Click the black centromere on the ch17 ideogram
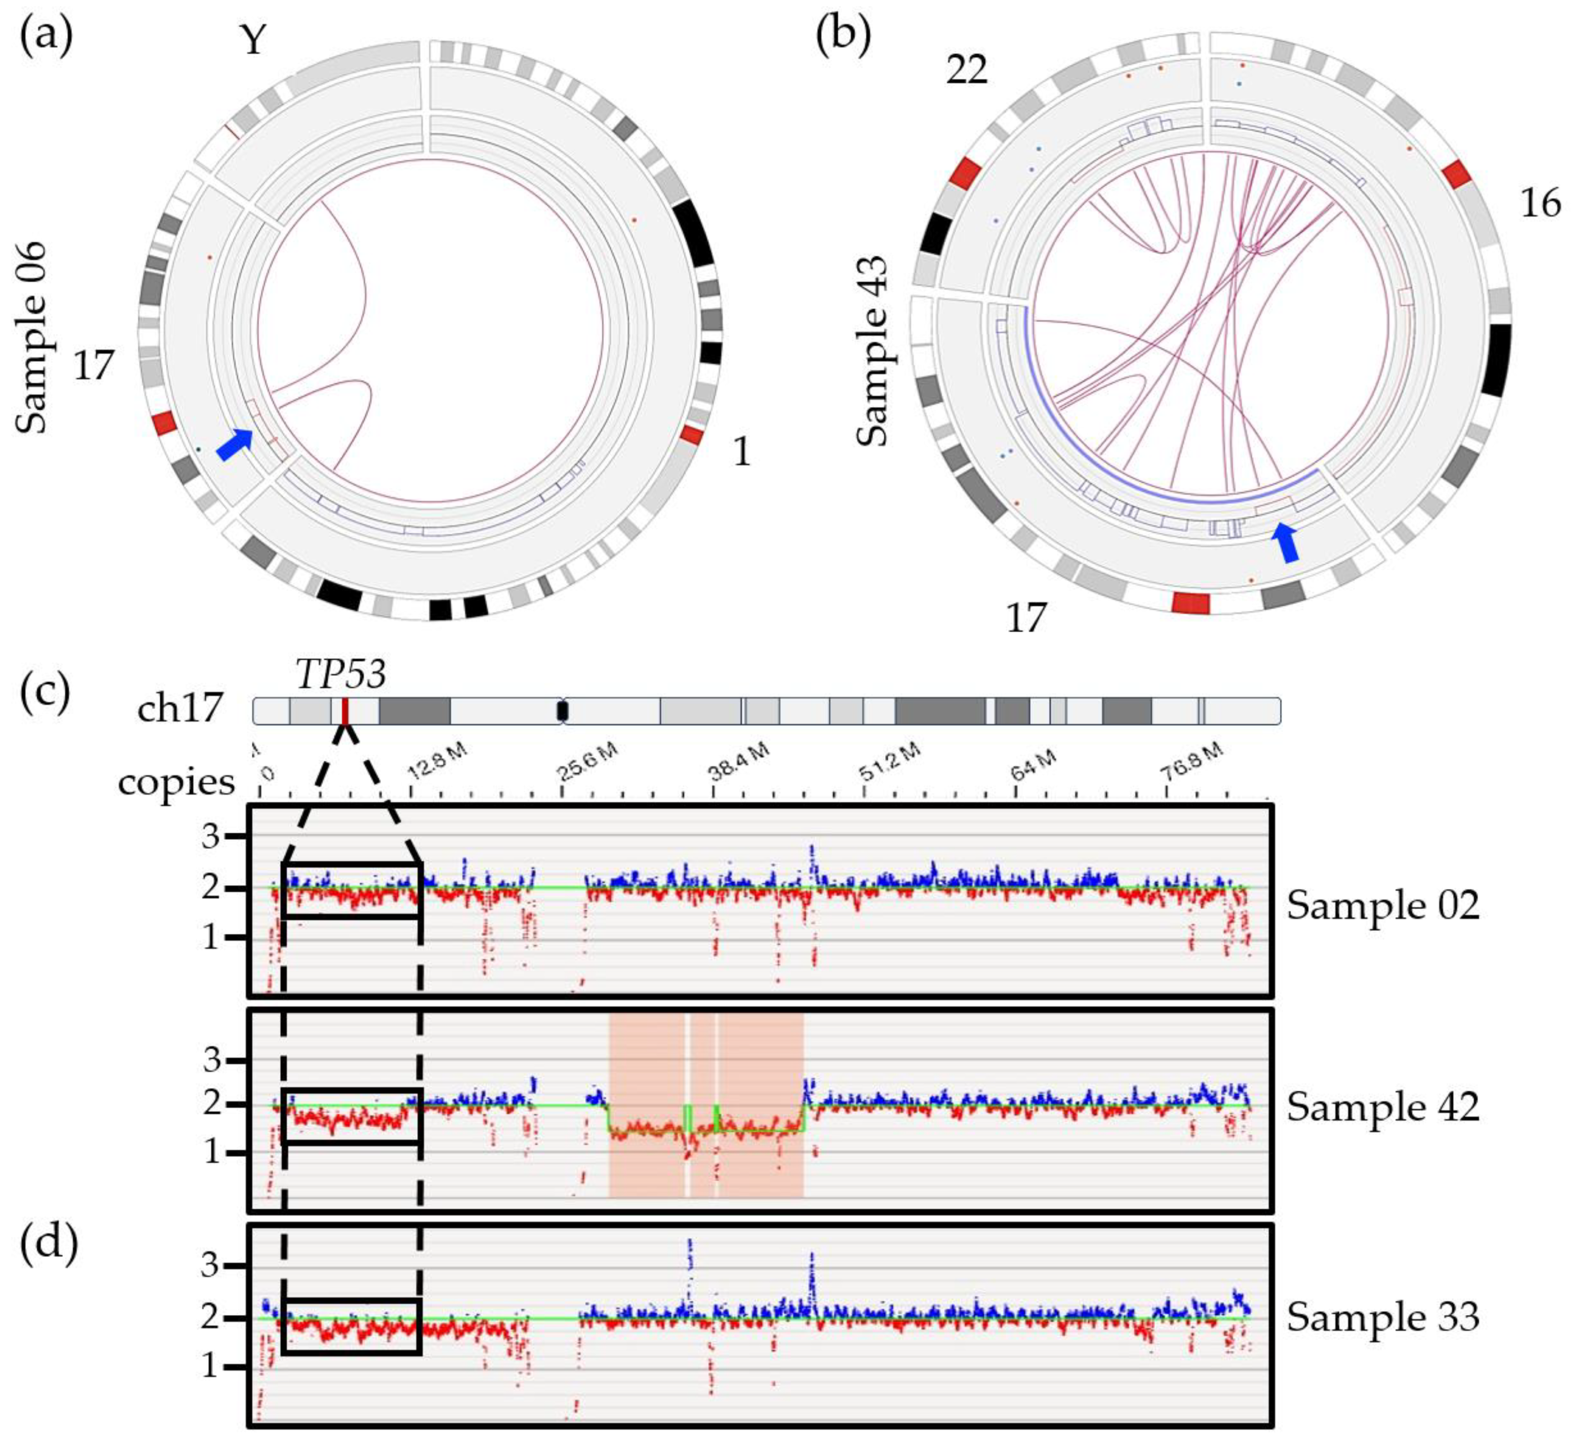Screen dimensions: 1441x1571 pos(562,711)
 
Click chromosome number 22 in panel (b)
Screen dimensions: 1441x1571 pos(967,70)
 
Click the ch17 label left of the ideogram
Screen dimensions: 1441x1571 pos(179,710)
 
